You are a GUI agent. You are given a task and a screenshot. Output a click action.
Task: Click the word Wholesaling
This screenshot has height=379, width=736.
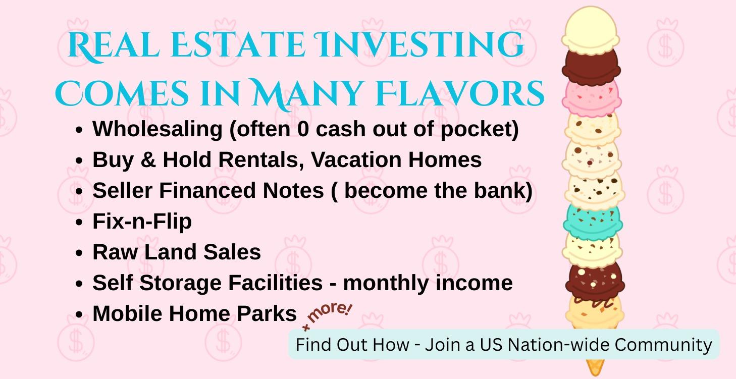tap(157, 129)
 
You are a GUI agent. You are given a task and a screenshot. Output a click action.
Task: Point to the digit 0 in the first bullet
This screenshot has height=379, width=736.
tap(303, 129)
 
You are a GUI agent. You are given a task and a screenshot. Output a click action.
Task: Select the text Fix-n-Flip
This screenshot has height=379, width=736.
tap(142, 222)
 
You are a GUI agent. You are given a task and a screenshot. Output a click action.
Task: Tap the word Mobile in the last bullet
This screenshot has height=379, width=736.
tap(127, 313)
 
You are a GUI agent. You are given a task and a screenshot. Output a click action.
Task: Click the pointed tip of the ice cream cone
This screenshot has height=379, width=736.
tap(594, 372)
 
